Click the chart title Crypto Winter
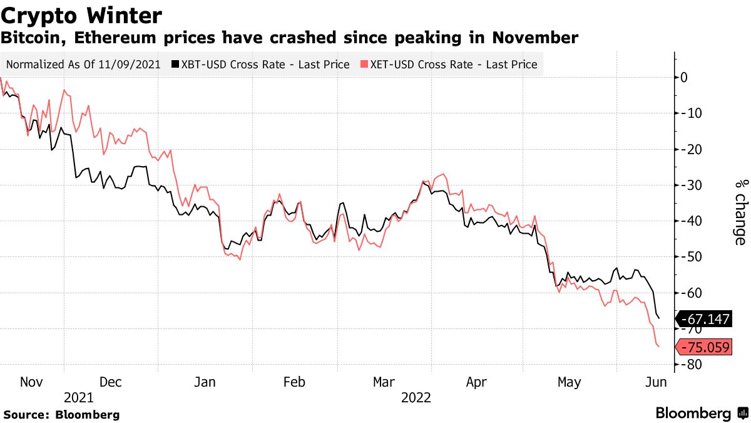(x=82, y=15)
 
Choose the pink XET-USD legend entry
(x=449, y=64)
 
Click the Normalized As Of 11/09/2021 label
(x=83, y=64)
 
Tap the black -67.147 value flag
(x=704, y=320)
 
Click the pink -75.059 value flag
(x=704, y=347)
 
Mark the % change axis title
(x=740, y=212)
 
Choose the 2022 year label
(x=416, y=397)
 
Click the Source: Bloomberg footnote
(x=61, y=414)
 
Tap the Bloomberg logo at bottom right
(x=700, y=414)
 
